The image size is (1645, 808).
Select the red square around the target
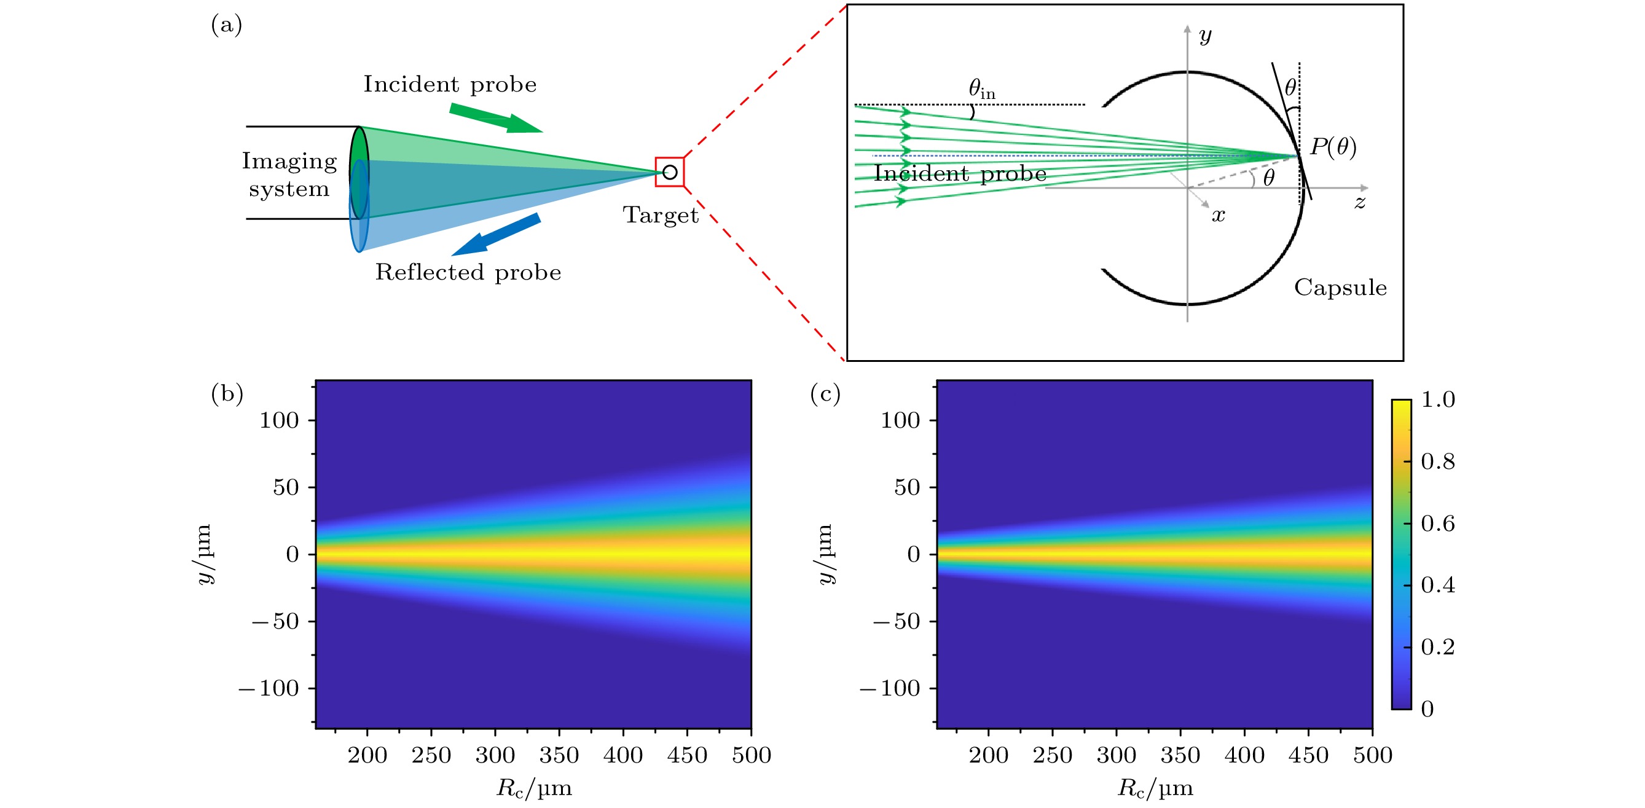tap(669, 172)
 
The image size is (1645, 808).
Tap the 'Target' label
tap(661, 215)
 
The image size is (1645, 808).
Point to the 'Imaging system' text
tap(289, 175)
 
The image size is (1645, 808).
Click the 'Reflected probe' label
tap(468, 273)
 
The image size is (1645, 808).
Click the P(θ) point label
tap(1333, 147)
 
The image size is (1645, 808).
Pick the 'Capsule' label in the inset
tap(1340, 288)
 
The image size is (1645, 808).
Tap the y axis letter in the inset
tap(1205, 35)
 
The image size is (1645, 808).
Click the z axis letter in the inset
tap(1359, 203)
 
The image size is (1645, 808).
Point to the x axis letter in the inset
tap(1219, 216)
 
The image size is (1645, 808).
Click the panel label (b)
tap(227, 393)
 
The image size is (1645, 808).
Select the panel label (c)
tap(825, 393)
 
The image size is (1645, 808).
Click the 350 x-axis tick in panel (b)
tap(559, 756)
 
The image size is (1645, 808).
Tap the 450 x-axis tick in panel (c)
tap(1308, 756)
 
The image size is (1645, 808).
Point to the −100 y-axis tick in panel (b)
tap(269, 689)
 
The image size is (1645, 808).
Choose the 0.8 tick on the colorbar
tap(1438, 462)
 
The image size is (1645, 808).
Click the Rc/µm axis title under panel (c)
tap(1155, 789)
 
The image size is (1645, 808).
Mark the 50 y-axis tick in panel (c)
tap(907, 487)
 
